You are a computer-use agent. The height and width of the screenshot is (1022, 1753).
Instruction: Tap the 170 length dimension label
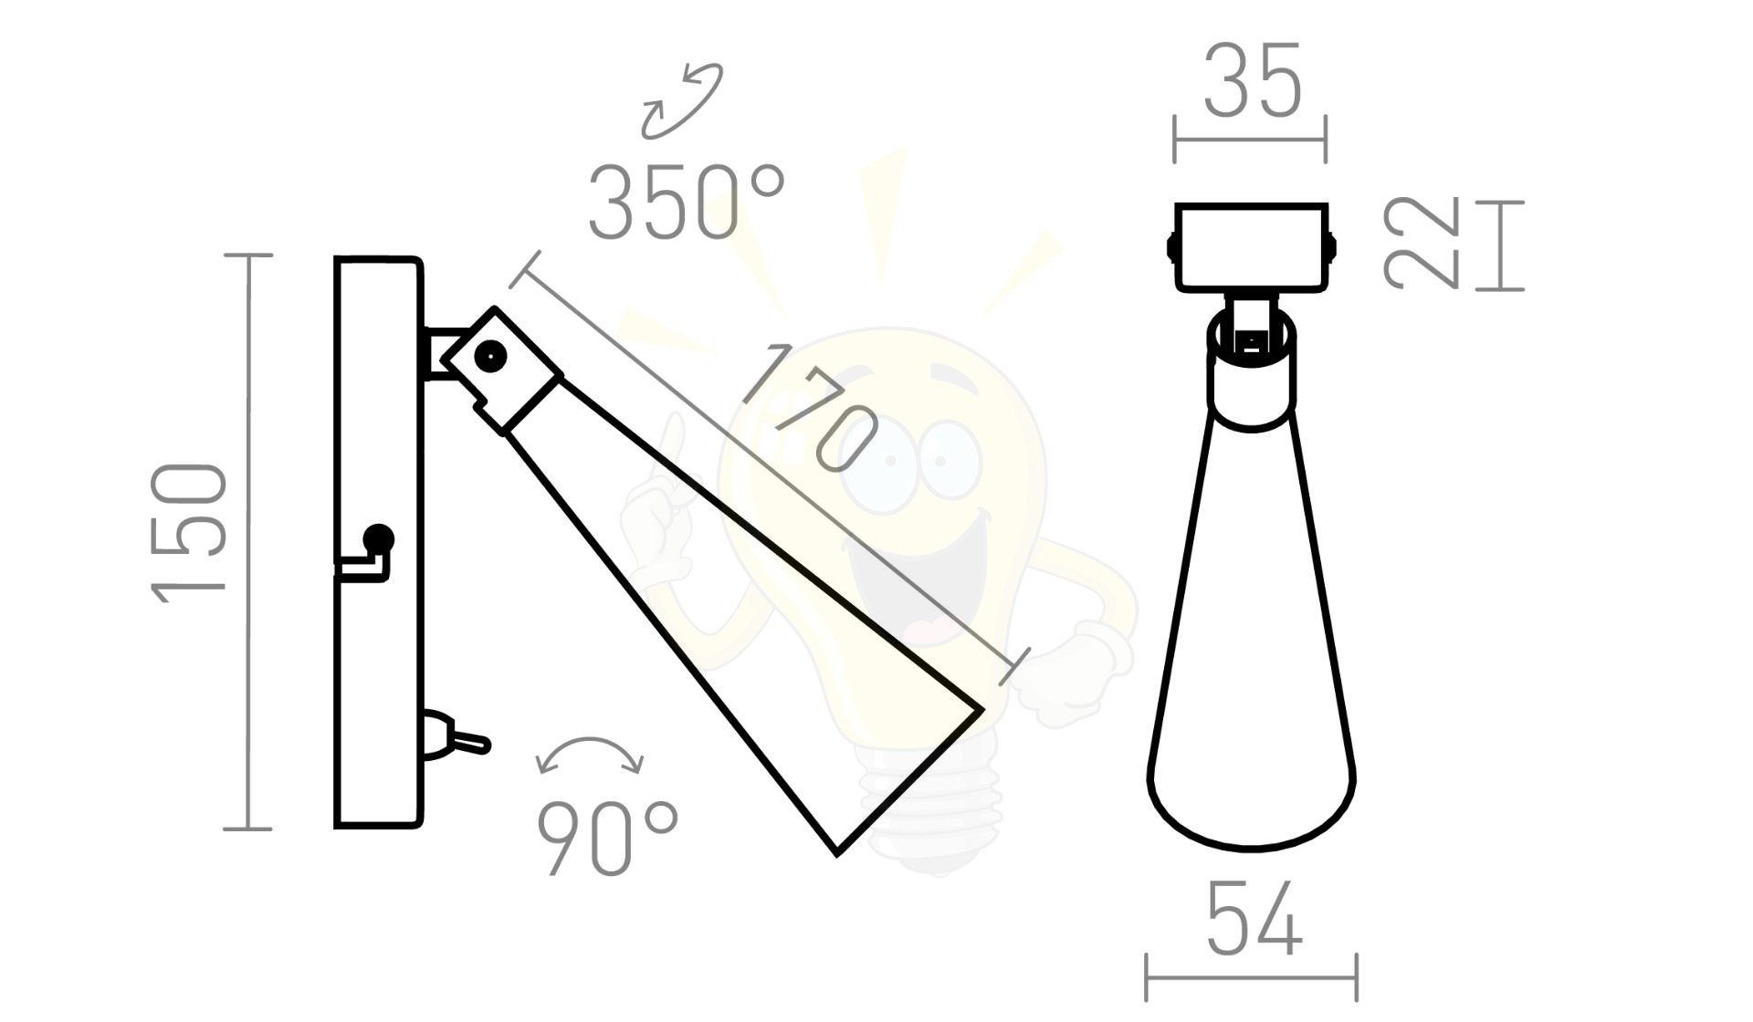coord(810,408)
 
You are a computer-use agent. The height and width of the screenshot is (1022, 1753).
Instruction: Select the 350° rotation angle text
coord(686,203)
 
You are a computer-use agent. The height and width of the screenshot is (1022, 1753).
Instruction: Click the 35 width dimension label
coord(1252,82)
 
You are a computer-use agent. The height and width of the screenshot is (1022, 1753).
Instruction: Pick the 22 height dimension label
coord(1421,245)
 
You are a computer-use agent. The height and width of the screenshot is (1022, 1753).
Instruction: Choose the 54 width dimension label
coord(1254,918)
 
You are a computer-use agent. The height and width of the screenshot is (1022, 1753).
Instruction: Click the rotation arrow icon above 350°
coord(682,100)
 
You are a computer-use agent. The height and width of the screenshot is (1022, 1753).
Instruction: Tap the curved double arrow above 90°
coord(591,754)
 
